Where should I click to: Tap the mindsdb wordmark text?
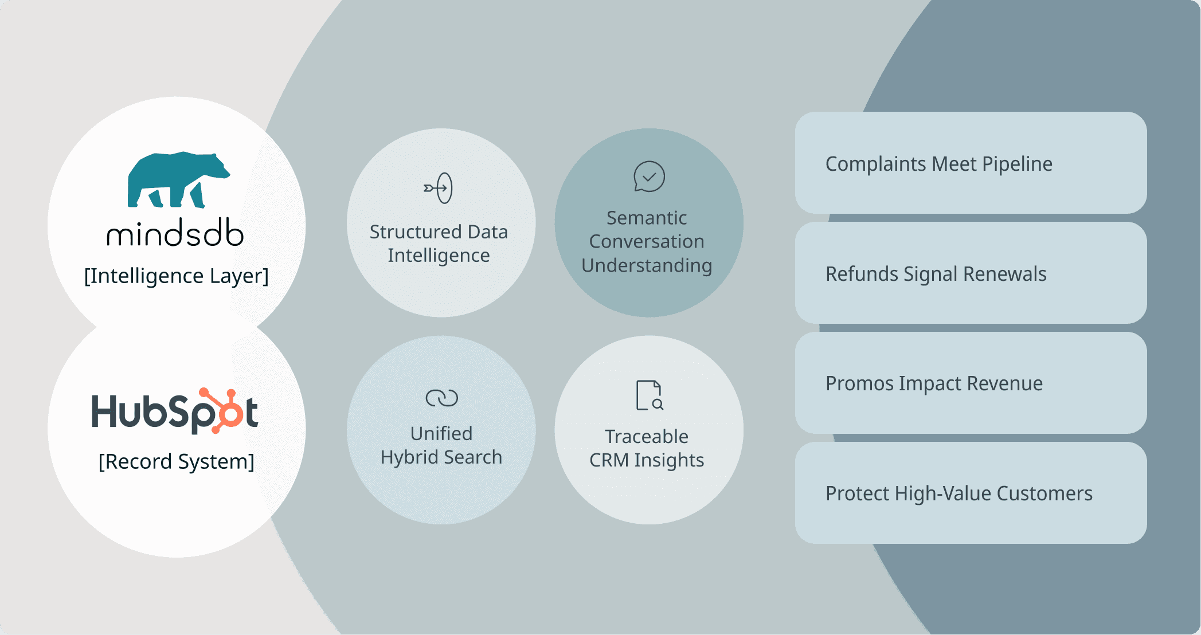click(175, 233)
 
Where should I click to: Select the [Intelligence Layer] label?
click(177, 276)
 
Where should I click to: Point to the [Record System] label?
click(177, 461)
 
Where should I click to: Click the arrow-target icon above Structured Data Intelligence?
click(439, 188)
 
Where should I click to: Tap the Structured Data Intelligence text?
click(439, 244)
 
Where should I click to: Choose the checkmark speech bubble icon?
click(649, 177)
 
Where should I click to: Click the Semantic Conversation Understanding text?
click(647, 241)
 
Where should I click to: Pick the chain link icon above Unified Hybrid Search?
click(441, 398)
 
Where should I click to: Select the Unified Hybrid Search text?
click(441, 445)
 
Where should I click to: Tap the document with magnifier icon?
click(650, 395)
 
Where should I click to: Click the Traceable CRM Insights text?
click(647, 448)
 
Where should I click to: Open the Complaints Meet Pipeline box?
click(971, 163)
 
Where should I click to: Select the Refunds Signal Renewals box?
click(971, 273)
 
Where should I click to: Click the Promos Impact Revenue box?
click(971, 383)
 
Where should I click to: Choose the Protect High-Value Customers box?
click(971, 493)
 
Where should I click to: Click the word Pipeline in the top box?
click(1017, 164)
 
